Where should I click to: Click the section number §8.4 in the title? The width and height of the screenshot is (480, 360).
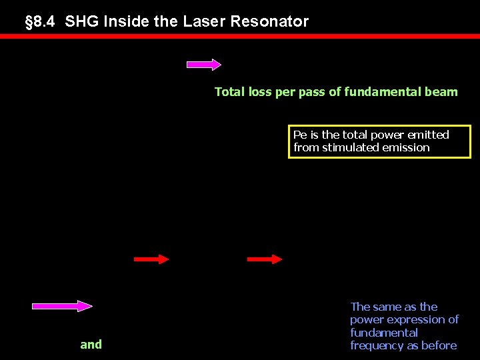pos(41,21)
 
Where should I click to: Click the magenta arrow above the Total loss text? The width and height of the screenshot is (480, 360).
pos(203,65)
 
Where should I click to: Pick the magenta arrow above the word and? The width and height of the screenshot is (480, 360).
pos(62,306)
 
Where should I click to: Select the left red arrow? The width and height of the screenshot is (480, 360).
pos(151,259)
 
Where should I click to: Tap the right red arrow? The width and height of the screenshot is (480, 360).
pos(265,259)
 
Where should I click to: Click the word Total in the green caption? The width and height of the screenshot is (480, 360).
pos(230,92)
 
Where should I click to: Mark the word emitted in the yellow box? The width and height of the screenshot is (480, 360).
pos(428,135)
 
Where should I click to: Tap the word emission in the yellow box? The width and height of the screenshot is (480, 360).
pos(406,147)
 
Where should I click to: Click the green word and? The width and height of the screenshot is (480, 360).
pos(91,345)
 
